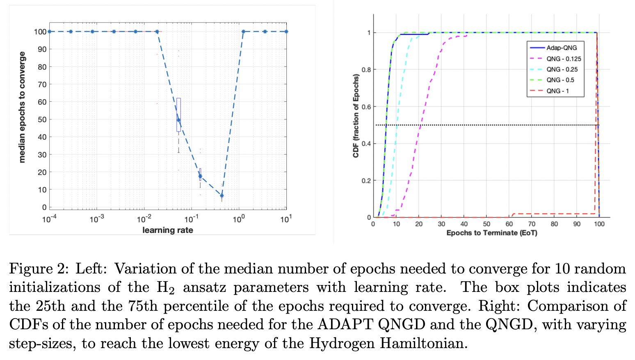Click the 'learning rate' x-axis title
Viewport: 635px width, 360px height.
coord(167,230)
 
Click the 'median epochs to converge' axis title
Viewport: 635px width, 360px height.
coord(22,107)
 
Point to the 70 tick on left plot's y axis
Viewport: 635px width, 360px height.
coord(42,84)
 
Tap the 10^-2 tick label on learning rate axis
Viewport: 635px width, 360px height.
coord(144,219)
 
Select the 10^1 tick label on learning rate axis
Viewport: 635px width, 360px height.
coord(286,219)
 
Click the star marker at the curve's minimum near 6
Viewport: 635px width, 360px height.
coord(222,196)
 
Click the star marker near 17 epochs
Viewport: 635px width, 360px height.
coord(200,176)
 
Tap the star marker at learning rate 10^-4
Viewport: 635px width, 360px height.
coord(49,32)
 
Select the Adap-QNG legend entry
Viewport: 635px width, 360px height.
coord(561,48)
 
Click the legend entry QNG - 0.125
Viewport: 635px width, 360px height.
coord(563,59)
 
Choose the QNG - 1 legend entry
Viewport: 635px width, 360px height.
coord(557,91)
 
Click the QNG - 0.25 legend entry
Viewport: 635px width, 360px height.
coord(562,69)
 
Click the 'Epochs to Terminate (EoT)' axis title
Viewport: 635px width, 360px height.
coord(491,233)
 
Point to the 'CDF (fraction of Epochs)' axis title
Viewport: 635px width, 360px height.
coord(356,116)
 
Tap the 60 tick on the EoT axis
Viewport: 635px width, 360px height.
coord(509,224)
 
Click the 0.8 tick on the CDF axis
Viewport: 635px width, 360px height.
coord(366,70)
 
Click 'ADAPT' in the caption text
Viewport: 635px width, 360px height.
coord(345,324)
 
